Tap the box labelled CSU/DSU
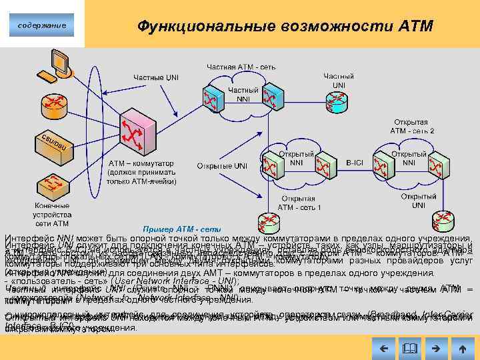point(53,142)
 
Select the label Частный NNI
point(239,95)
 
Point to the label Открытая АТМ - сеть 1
point(299,203)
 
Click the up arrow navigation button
point(462,347)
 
